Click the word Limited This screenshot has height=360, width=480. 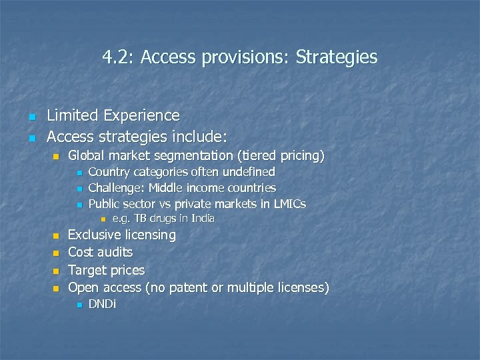pos(73,116)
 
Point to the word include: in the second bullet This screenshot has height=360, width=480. pos(200,137)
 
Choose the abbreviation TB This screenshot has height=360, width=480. pos(140,219)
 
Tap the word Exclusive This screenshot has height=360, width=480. pos(95,235)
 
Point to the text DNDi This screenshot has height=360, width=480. pos(102,305)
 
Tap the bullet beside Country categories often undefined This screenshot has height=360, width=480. pos(79,173)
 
